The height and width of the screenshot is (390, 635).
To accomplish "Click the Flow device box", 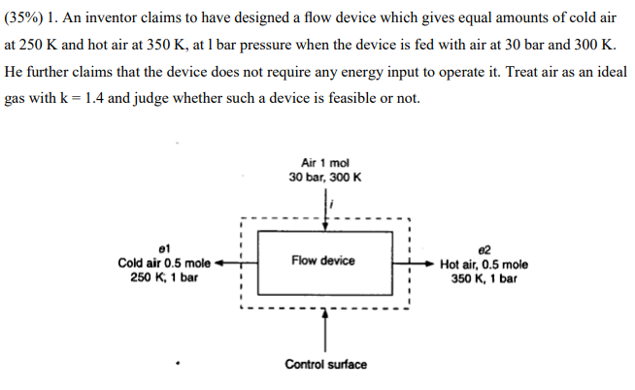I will pyautogui.click(x=324, y=261).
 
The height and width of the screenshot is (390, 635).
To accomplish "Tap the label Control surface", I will pyautogui.click(x=325, y=365).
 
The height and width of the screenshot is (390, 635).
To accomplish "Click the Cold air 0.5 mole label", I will pyautogui.click(x=164, y=263).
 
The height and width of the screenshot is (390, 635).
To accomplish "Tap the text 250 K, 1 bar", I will pyautogui.click(x=164, y=277).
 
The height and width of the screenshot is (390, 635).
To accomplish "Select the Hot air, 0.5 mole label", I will pyautogui.click(x=484, y=263).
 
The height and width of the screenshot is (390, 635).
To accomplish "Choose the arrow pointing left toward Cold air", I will pyautogui.click(x=229, y=262).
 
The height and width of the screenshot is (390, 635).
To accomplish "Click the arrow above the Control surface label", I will pyautogui.click(x=325, y=330).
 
